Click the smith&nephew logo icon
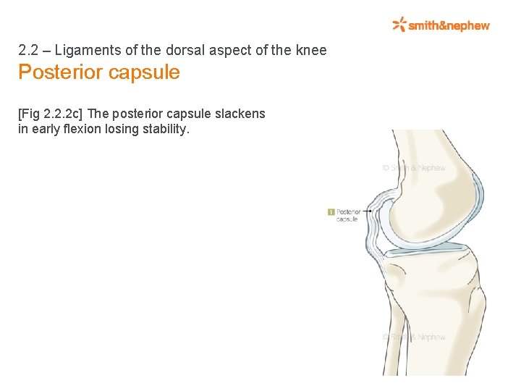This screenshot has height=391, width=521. point(399,25)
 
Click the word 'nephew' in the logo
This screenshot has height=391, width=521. point(468,25)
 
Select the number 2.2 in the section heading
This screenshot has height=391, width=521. point(27,51)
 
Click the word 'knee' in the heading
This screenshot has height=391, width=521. point(310,51)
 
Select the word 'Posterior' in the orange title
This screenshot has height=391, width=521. point(59,72)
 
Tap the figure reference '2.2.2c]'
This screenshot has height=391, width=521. point(64,114)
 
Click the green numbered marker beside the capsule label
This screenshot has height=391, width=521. point(331,212)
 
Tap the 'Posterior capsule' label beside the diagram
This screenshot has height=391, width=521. point(349,215)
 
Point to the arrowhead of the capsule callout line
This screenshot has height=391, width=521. point(370,211)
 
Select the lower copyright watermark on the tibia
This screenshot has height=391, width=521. point(414,337)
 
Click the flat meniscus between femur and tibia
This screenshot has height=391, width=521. point(427,248)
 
